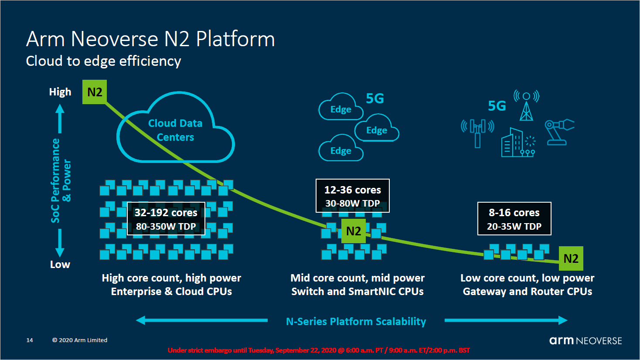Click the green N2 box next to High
coord(95,92)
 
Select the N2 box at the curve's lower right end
coord(571,258)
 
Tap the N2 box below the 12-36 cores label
coord(353,231)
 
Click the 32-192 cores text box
coord(166,218)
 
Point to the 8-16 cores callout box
coord(514,218)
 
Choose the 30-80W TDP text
coord(352,204)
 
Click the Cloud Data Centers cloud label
coord(175,130)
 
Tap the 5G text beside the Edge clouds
coord(374,99)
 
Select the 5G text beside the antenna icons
coord(497,106)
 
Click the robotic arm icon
coord(558,131)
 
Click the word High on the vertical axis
coord(60,92)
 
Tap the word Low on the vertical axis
coord(60,265)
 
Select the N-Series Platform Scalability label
coord(356,322)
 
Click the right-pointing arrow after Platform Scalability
coord(506,320)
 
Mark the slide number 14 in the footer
coord(30,340)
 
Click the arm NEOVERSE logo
coord(585,340)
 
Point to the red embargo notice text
coord(319,350)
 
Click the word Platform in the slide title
coord(235,39)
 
